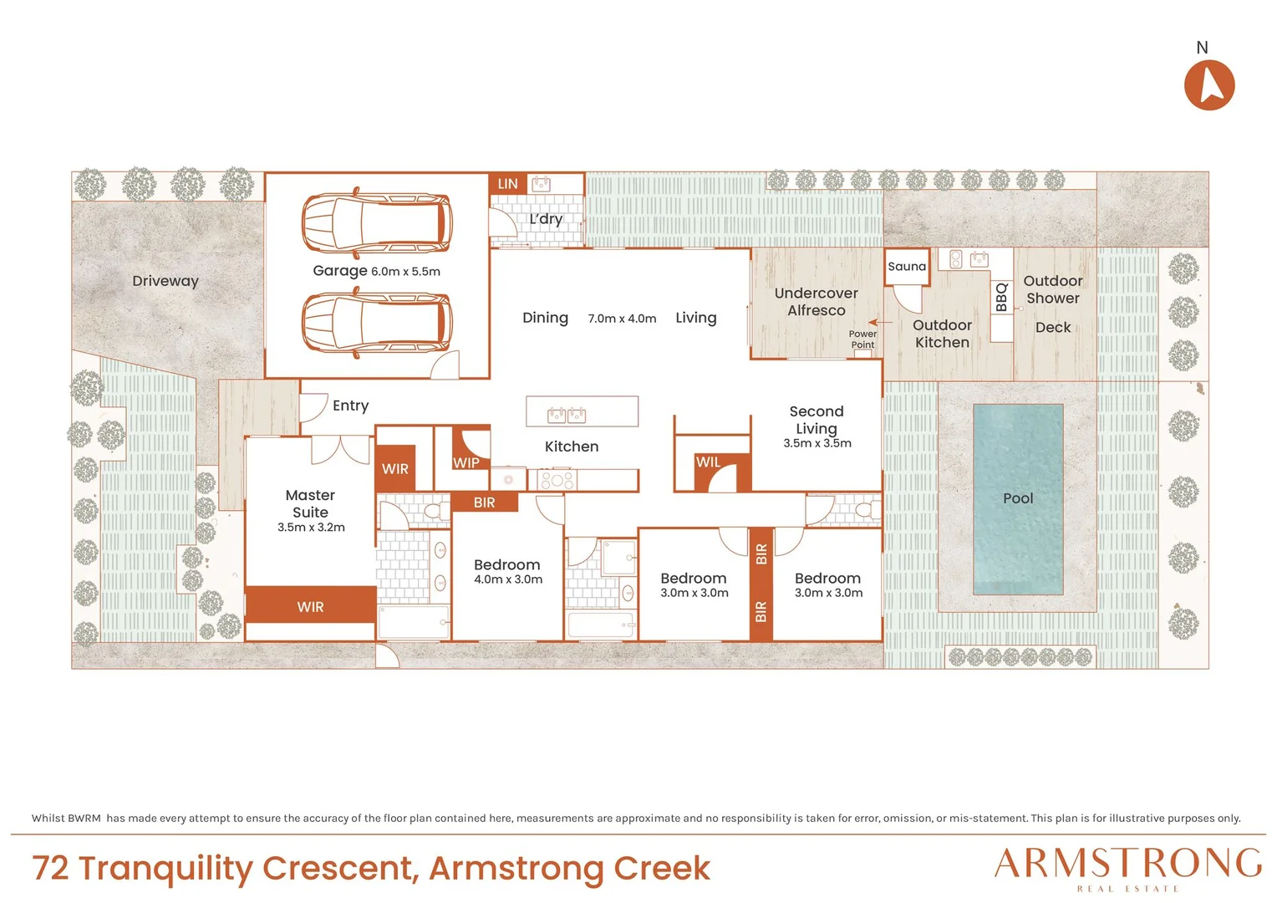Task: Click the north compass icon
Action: (1209, 85)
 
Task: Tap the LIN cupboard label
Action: (507, 184)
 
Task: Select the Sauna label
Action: (907, 267)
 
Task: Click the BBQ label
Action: (1002, 297)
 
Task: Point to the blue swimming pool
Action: (1018, 499)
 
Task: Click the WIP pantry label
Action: (466, 462)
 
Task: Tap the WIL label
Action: (708, 462)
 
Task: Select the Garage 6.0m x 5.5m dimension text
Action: (405, 272)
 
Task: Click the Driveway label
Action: (165, 281)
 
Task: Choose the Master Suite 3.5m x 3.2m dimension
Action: (311, 527)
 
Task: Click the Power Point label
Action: (862, 339)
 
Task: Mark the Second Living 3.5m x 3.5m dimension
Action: (817, 443)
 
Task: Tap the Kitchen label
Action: (572, 446)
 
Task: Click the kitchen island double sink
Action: (567, 415)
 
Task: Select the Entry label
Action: (351, 406)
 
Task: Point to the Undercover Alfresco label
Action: (817, 302)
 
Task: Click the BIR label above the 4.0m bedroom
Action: (484, 503)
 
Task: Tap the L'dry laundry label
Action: (546, 219)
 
